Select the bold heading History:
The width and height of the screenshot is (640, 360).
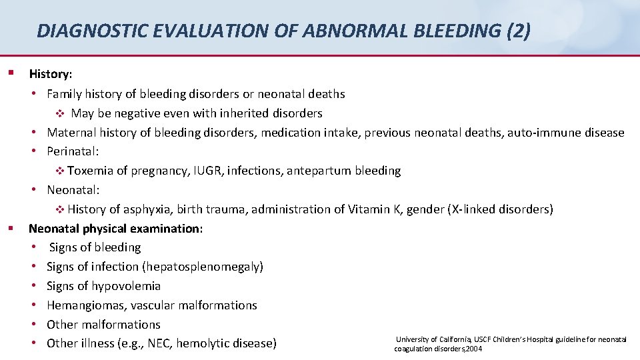coord(51,75)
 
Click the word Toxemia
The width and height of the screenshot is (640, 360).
coord(90,171)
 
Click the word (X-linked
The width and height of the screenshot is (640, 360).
coord(474,209)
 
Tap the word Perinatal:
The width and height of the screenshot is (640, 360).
coord(73,151)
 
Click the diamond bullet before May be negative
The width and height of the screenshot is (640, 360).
coord(59,113)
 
